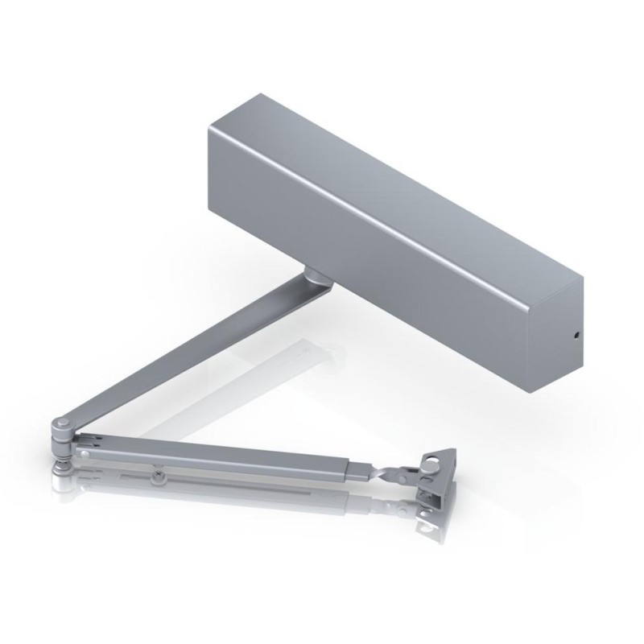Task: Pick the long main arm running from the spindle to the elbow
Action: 185,354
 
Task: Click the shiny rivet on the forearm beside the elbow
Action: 85,455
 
